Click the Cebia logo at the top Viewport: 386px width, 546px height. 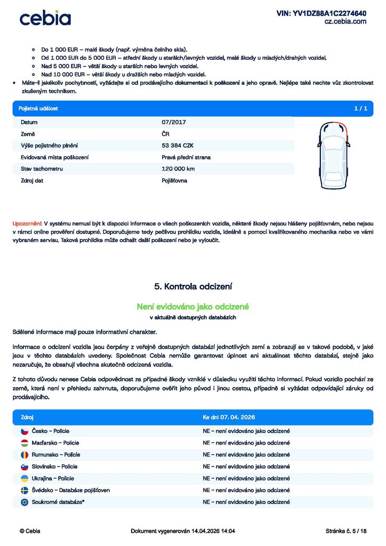45,18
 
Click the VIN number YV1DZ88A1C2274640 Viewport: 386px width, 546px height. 321,13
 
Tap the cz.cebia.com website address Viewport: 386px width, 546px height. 345,22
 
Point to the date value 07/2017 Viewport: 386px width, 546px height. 174,122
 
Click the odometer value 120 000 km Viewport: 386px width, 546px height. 178,169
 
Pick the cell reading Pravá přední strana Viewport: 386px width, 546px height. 186,157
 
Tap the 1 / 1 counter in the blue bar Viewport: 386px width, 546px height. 360,108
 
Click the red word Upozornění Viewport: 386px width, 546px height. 27,223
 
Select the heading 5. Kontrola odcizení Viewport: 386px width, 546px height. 193,286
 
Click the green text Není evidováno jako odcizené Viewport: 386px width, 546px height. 193,307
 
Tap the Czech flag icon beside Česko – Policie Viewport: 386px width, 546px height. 25,431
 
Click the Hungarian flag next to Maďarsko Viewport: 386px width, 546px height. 25,443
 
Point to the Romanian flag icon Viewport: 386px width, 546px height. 25,455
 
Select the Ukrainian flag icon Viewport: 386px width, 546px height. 25,478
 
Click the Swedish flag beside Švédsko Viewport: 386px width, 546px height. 25,490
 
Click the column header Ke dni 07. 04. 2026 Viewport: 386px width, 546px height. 232,417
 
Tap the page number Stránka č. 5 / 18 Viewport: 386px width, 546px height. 345,531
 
